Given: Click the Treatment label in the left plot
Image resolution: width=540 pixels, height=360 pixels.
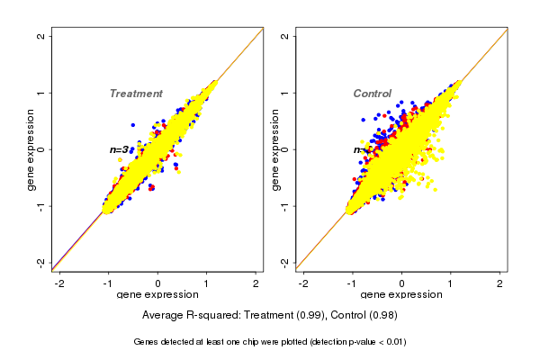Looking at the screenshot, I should (x=136, y=94).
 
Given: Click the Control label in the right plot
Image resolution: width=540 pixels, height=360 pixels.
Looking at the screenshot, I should (x=372, y=94).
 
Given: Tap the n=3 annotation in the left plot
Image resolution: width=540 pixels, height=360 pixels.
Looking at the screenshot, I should (x=120, y=149).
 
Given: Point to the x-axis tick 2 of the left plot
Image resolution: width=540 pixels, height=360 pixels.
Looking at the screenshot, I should (x=256, y=283).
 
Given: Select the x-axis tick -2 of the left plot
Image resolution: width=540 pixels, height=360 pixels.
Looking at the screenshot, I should (x=60, y=283).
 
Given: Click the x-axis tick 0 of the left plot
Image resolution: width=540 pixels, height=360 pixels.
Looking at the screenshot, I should (x=158, y=283).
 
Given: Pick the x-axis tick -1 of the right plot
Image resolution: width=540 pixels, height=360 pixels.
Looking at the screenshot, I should (x=353, y=283).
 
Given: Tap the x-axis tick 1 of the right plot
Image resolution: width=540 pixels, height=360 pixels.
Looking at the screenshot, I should (x=451, y=283).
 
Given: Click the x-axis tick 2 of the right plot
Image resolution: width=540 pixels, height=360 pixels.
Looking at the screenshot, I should (x=500, y=283).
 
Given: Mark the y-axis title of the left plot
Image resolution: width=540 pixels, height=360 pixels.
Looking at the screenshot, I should (x=31, y=149).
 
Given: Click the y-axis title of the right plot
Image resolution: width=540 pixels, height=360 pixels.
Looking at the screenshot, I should (x=274, y=149).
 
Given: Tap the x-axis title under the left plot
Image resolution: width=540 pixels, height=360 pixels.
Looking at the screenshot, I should (x=158, y=295).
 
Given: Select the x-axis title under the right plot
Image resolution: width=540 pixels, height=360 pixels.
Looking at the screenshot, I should (x=402, y=295).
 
